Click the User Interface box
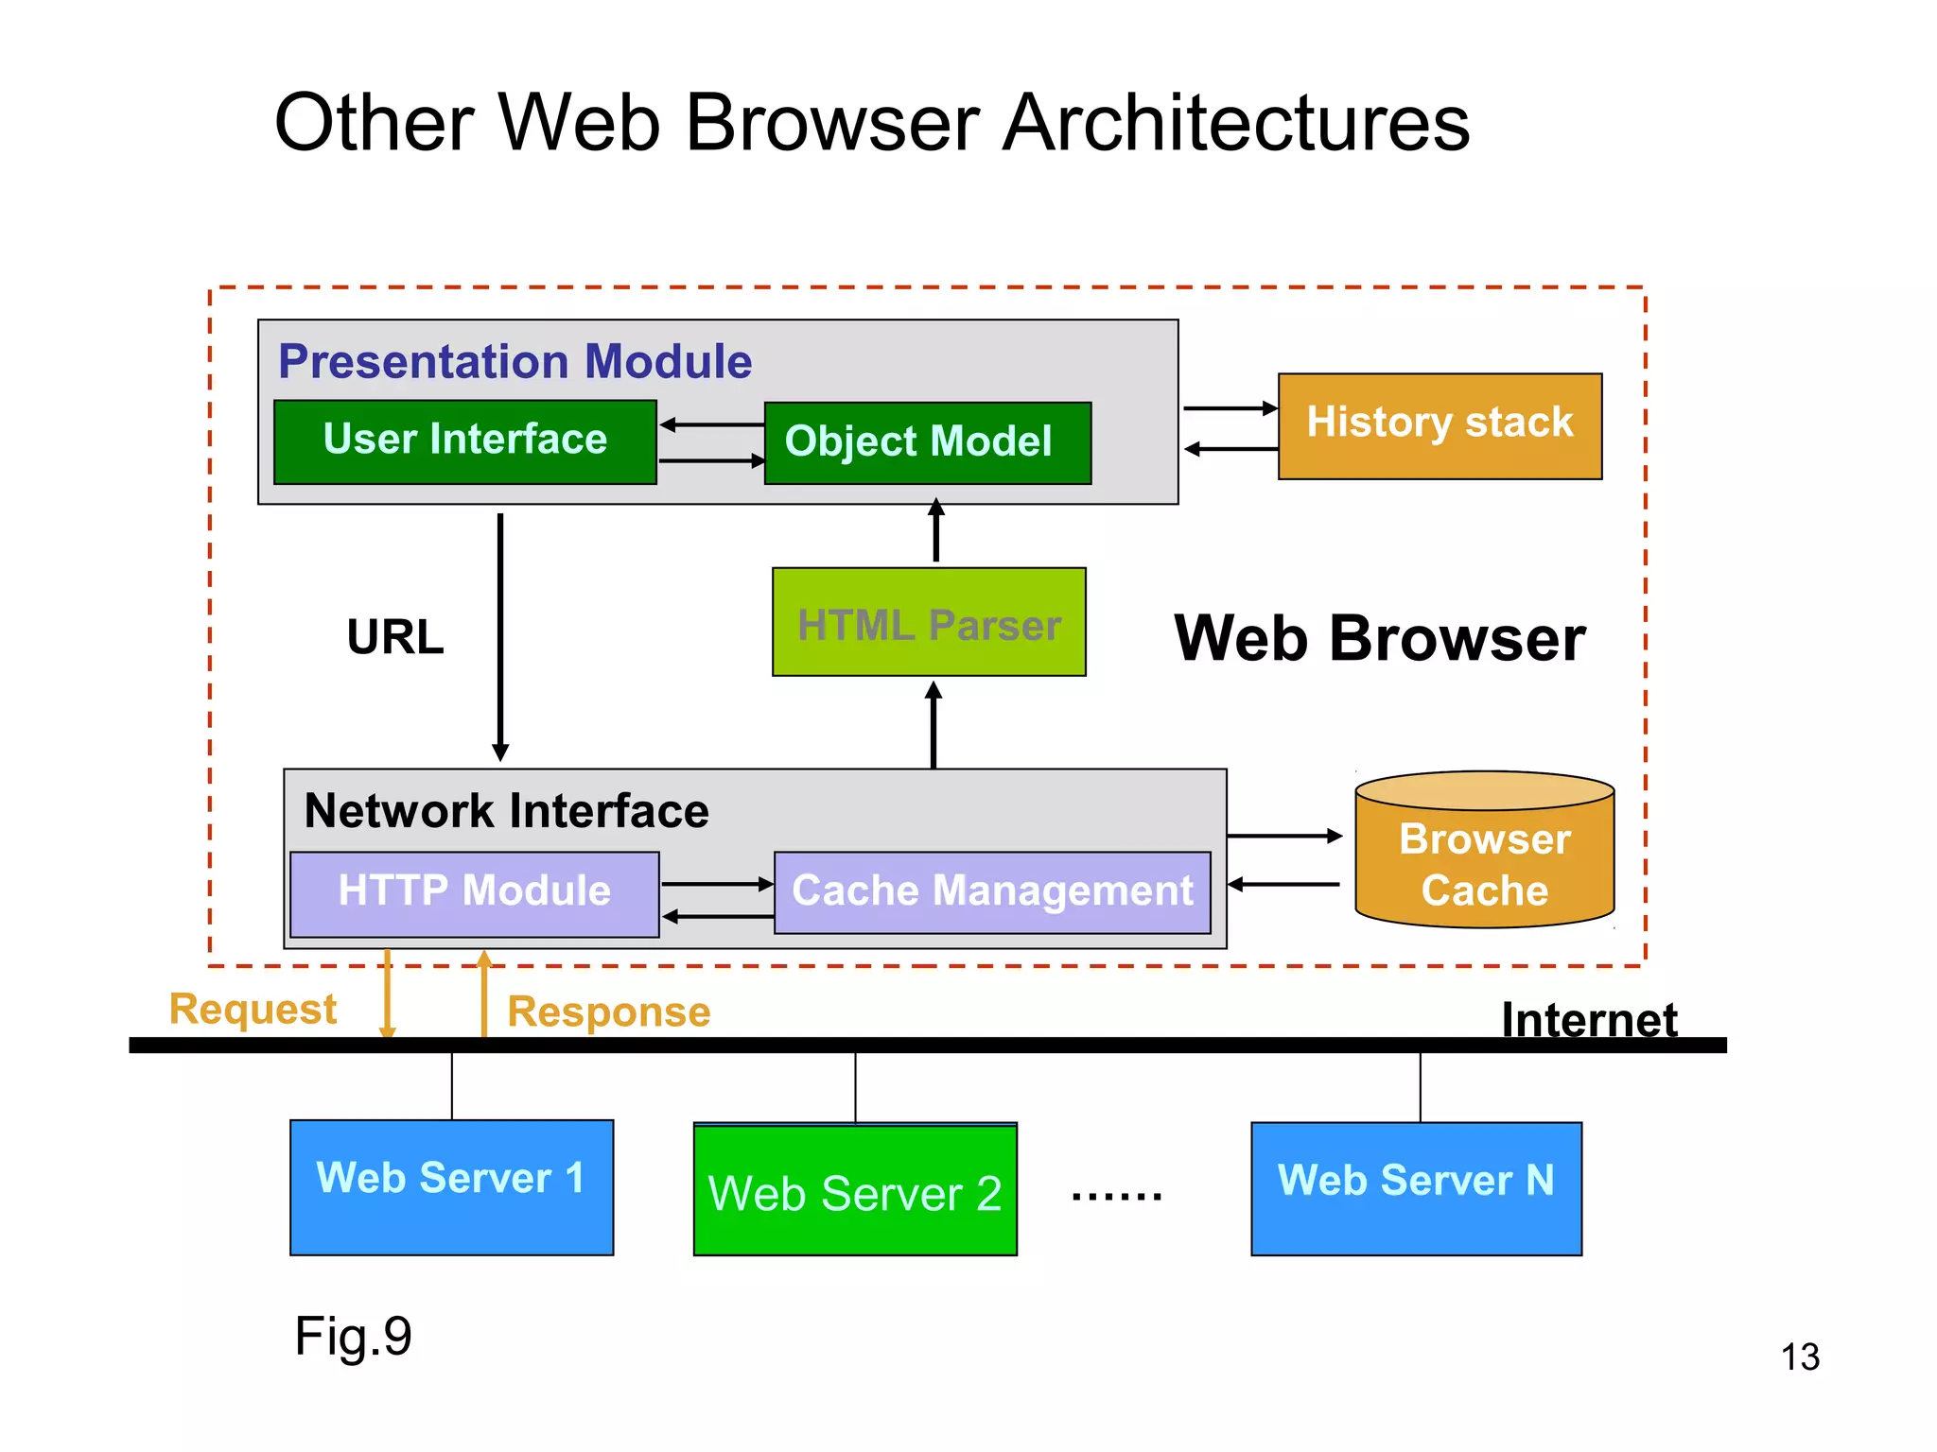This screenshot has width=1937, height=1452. coord(464,441)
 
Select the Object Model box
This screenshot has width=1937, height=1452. coord(927,442)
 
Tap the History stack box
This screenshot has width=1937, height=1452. coord(1440,425)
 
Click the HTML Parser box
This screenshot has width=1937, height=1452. coord(929,622)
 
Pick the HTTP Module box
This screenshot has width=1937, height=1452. coord(474,893)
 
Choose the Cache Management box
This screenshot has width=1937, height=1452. coord(992,892)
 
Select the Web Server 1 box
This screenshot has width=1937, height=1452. coord(451,1186)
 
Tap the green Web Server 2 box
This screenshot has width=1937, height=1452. coord(855,1191)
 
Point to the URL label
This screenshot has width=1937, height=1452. coord(395,636)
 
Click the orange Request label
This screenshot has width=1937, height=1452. coord(253,1009)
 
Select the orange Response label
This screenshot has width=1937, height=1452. coord(608,1011)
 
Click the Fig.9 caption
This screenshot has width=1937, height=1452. coord(353,1336)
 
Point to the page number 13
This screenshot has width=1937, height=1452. coord(1800,1357)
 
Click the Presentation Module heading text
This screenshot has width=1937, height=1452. coord(515,361)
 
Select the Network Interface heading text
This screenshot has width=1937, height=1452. coord(506,810)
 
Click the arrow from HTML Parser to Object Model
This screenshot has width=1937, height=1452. coord(936,532)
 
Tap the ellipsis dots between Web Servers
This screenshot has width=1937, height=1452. coord(1116,1196)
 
